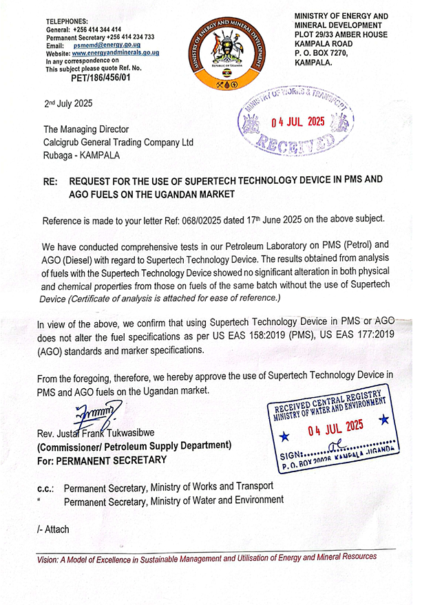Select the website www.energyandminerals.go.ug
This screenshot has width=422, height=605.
[116, 53]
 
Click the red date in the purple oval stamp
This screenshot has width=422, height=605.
[297, 122]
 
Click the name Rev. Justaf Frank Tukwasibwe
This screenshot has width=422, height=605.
[109, 434]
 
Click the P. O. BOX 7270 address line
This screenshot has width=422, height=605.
[324, 54]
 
